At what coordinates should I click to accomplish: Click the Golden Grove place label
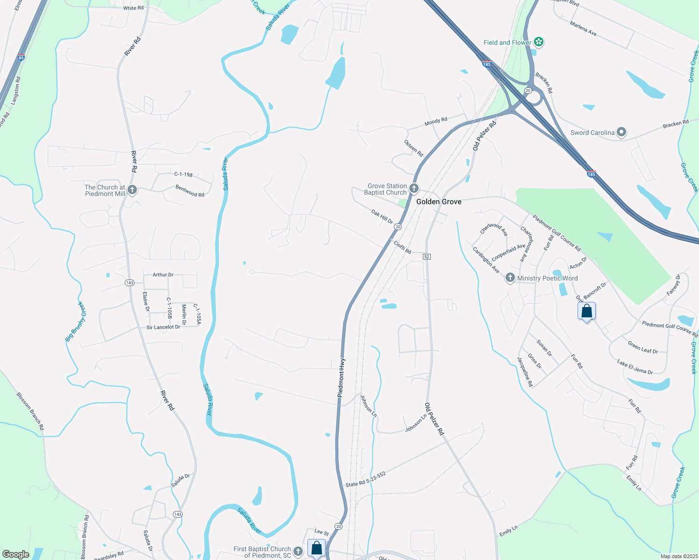[439, 202]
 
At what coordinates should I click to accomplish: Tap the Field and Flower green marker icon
[539, 42]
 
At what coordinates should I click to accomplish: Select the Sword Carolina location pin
[621, 133]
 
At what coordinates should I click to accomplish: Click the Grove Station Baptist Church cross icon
[414, 189]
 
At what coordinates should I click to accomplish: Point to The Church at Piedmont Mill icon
[132, 190]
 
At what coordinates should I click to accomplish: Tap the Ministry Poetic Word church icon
[510, 278]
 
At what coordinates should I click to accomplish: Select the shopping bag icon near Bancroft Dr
[586, 311]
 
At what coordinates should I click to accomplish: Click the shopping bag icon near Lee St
[316, 547]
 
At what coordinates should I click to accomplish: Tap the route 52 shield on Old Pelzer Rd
[427, 257]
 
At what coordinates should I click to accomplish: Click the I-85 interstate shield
[21, 58]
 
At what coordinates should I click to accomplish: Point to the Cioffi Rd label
[402, 247]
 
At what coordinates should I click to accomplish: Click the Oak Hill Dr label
[382, 217]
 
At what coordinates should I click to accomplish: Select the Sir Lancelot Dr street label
[163, 327]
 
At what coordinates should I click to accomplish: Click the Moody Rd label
[435, 121]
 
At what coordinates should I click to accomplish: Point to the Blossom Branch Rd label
[30, 411]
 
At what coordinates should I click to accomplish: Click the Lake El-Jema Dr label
[635, 367]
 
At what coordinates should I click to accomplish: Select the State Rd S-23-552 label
[365, 480]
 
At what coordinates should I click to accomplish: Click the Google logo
[15, 554]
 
